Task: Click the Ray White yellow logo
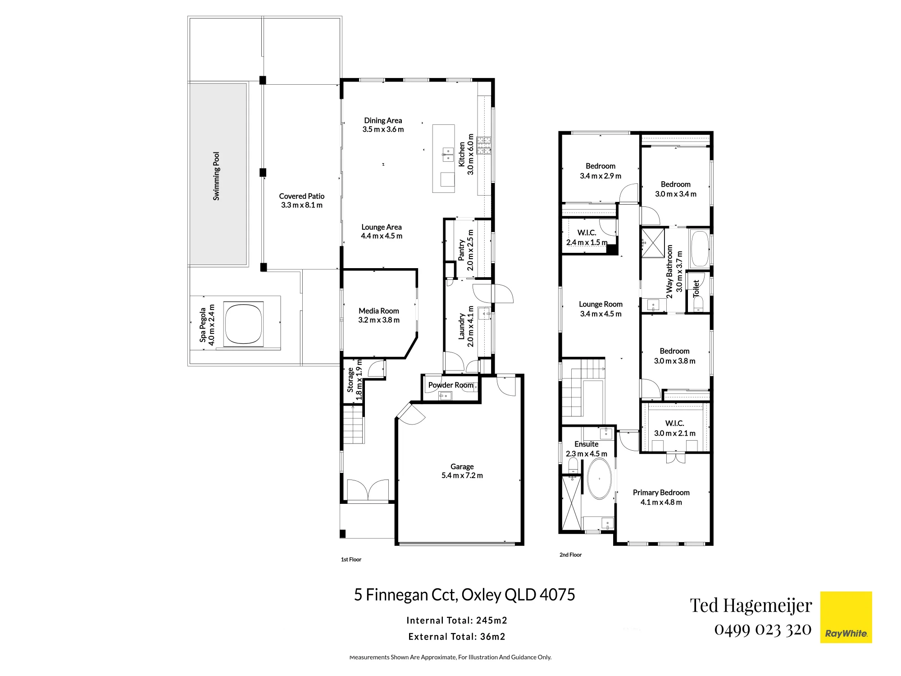[846, 617]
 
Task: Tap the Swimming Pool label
[216, 176]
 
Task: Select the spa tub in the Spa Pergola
[243, 323]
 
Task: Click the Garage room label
[462, 466]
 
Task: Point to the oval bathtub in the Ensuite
[600, 479]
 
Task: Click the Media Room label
[379, 311]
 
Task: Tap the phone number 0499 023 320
[763, 630]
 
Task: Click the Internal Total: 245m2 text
[457, 621]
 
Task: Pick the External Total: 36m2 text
[457, 637]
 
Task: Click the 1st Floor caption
[351, 560]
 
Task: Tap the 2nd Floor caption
[570, 555]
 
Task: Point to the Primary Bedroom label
[661, 493]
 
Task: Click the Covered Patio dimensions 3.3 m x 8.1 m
[302, 205]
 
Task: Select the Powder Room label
[451, 385]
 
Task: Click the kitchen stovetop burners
[484, 145]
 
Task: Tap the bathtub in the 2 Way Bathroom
[700, 249]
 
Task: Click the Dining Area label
[383, 120]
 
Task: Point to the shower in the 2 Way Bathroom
[653, 243]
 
